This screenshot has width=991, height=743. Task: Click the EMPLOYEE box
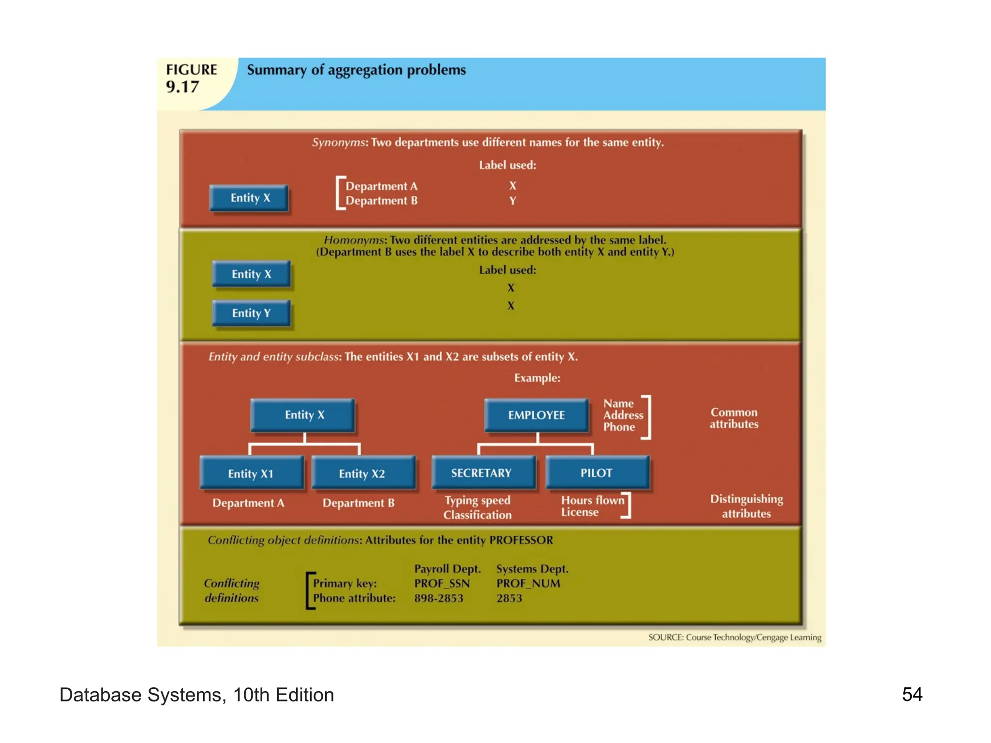click(x=536, y=415)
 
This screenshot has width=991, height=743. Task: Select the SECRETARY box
click(x=481, y=473)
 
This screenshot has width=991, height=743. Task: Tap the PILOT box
click(x=597, y=473)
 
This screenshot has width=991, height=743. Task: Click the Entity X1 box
click(x=251, y=474)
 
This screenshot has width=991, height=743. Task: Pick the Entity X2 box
click(x=362, y=474)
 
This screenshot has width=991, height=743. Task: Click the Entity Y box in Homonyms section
click(x=251, y=313)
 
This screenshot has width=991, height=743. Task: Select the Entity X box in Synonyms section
click(x=250, y=198)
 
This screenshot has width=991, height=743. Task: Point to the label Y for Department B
click(x=512, y=201)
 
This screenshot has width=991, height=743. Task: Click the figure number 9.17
click(x=182, y=87)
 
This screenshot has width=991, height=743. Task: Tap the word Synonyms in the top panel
click(x=338, y=143)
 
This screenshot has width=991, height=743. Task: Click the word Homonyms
click(x=354, y=240)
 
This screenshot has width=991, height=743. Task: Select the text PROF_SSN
click(x=442, y=583)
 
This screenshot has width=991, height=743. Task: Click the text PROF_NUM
click(x=528, y=583)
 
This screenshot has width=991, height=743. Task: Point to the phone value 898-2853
click(x=438, y=598)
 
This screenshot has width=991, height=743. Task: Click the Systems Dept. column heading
click(x=532, y=569)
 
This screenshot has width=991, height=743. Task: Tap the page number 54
click(x=912, y=695)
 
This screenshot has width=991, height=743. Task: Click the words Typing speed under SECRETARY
click(x=478, y=500)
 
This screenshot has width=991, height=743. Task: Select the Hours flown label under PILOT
click(x=592, y=500)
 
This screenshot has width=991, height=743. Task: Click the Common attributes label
click(x=734, y=418)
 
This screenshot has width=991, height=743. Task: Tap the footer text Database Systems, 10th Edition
click(x=196, y=695)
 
